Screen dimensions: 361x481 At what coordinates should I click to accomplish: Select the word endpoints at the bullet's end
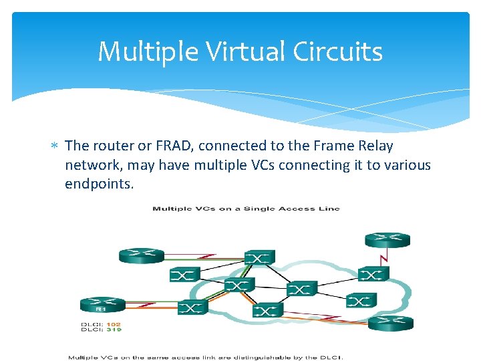coord(99,183)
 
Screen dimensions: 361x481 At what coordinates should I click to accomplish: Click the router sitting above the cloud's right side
coord(387,240)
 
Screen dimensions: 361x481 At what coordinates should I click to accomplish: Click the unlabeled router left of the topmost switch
coord(141,255)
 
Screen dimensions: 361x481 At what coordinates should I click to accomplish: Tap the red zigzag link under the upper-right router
coord(383,257)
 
